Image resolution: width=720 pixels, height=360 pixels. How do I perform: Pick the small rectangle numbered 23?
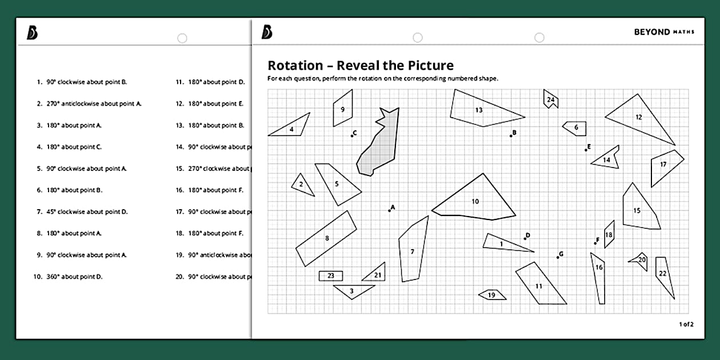[331, 276]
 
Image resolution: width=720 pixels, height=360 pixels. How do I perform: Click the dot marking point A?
[390, 211]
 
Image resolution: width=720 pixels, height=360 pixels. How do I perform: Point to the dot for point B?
[511, 136]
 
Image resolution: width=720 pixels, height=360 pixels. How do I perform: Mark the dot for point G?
[558, 257]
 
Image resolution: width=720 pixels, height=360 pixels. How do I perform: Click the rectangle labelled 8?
[326, 238]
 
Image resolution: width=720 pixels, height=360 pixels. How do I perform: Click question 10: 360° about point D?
[74, 277]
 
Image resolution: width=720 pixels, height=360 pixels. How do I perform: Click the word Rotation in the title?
[295, 66]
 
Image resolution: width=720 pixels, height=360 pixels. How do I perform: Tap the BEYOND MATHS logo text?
[663, 32]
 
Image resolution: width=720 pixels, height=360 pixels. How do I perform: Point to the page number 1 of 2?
[686, 325]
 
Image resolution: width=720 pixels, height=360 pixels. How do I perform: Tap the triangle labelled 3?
[352, 291]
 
